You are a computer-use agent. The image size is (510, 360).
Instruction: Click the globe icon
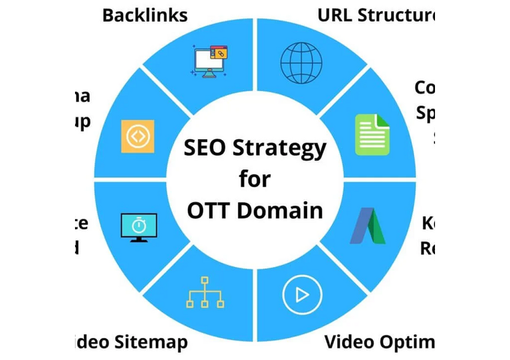tap(301, 62)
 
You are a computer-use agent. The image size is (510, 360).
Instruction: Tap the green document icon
tap(372, 134)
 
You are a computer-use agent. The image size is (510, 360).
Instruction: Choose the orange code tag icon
tap(137, 136)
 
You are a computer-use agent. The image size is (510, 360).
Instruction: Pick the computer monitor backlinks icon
tap(211, 61)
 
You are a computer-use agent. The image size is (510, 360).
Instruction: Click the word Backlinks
tap(145, 15)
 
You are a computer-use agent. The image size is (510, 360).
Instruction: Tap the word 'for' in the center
tap(255, 179)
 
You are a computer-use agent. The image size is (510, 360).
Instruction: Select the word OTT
tap(208, 210)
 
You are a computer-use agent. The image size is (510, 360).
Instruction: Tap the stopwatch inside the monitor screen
tap(139, 224)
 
